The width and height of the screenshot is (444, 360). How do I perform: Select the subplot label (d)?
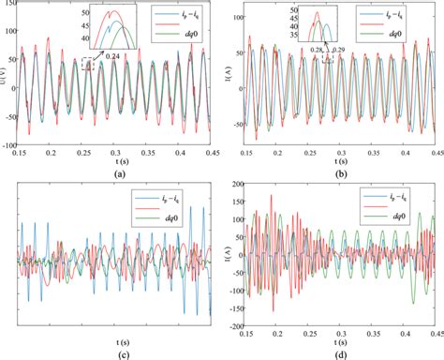point(334,353)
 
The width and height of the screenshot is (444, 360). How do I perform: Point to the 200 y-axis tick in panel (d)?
point(234,187)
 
